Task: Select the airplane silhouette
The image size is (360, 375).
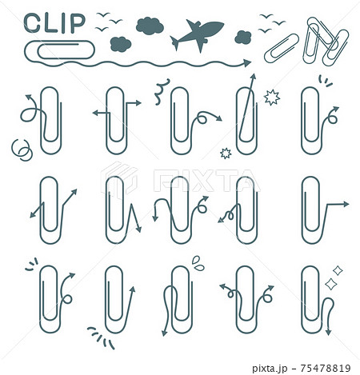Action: coord(197,34)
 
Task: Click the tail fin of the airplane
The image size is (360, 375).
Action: coord(174,43)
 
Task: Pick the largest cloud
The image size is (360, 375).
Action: coord(150,26)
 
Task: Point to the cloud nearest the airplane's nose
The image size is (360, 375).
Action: coord(242,37)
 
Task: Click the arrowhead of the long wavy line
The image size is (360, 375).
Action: coord(247,63)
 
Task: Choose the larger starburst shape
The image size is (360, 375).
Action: coord(272,98)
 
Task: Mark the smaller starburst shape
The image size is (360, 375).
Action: coord(226,154)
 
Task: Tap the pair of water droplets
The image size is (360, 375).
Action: coord(198,263)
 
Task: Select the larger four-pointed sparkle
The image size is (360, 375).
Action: coord(331,284)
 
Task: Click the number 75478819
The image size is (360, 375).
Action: coord(325,368)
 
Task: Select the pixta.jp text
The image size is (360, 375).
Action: coord(270,369)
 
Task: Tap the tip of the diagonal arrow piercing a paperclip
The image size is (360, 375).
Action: coord(254,74)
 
